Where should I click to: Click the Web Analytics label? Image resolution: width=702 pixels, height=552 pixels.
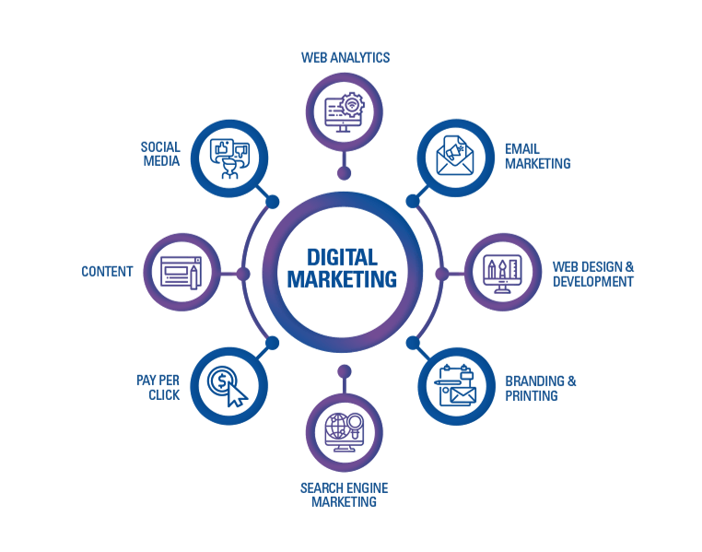pyautogui.click(x=345, y=57)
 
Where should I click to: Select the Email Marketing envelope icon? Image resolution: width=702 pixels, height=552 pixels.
pyautogui.click(x=457, y=154)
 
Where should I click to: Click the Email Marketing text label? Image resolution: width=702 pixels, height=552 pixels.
pyautogui.click(x=538, y=155)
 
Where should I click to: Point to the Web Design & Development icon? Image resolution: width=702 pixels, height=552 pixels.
pyautogui.click(x=502, y=273)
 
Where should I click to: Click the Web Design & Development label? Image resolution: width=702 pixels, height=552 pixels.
pyautogui.click(x=593, y=274)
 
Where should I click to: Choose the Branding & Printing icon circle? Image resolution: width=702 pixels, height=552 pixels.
pyautogui.click(x=457, y=386)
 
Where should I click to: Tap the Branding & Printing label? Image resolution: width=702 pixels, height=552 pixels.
pyautogui.click(x=541, y=387)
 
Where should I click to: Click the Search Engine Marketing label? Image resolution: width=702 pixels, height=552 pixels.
pyautogui.click(x=345, y=494)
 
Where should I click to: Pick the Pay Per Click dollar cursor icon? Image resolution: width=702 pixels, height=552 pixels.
pyautogui.click(x=228, y=385)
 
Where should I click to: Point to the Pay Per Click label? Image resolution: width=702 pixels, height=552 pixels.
pyautogui.click(x=158, y=386)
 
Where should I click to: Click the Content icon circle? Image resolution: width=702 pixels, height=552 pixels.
pyautogui.click(x=182, y=272)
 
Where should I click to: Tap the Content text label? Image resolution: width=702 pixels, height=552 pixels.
pyautogui.click(x=107, y=272)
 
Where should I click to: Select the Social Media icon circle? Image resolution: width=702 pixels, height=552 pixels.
pyautogui.click(x=229, y=155)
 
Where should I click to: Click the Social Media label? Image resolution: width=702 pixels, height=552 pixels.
pyautogui.click(x=160, y=154)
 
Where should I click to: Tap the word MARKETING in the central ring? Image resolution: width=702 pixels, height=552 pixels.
pyautogui.click(x=343, y=278)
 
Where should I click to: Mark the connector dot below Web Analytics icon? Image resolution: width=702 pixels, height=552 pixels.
pyautogui.click(x=344, y=172)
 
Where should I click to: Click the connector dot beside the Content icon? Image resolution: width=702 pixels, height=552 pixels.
pyautogui.click(x=243, y=273)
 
